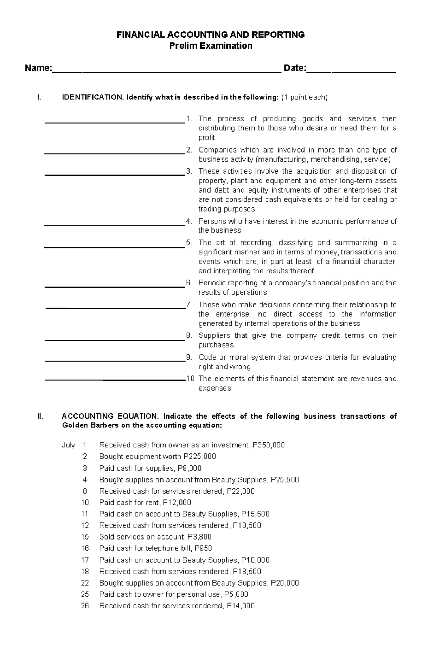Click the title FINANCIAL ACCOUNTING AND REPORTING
211,34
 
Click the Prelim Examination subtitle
211,46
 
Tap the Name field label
38,68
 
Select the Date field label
295,68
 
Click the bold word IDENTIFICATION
92,97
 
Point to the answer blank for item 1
115,122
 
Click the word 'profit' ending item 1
206,137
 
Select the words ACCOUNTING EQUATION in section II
110,416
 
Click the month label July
68,445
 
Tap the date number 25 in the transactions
85,594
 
